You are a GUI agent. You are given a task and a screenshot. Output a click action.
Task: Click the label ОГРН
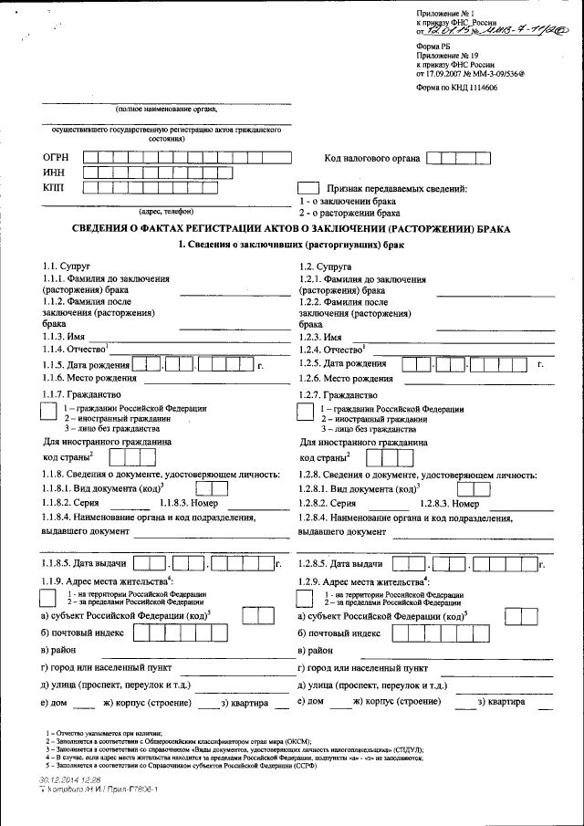point(57,155)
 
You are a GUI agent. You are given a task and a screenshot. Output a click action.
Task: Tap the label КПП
point(55,188)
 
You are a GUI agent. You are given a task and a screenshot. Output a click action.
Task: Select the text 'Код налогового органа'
point(372,159)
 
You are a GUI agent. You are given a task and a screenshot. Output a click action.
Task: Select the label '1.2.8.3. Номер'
point(449,503)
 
